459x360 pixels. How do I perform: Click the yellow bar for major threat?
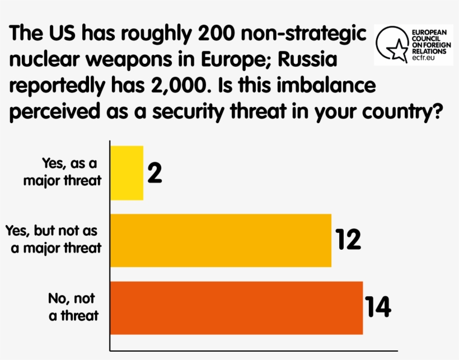tap(127, 172)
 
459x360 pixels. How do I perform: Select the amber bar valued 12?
tap(221, 240)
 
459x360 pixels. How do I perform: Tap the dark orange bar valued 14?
tap(237, 307)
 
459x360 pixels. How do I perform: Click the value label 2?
tap(155, 173)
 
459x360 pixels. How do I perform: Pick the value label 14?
tap(378, 307)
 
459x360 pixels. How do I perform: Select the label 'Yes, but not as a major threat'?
tap(54, 239)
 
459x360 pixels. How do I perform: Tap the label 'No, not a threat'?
tap(73, 306)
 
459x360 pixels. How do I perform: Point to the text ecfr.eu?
tap(424, 57)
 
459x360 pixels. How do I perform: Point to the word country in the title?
tap(398, 113)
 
